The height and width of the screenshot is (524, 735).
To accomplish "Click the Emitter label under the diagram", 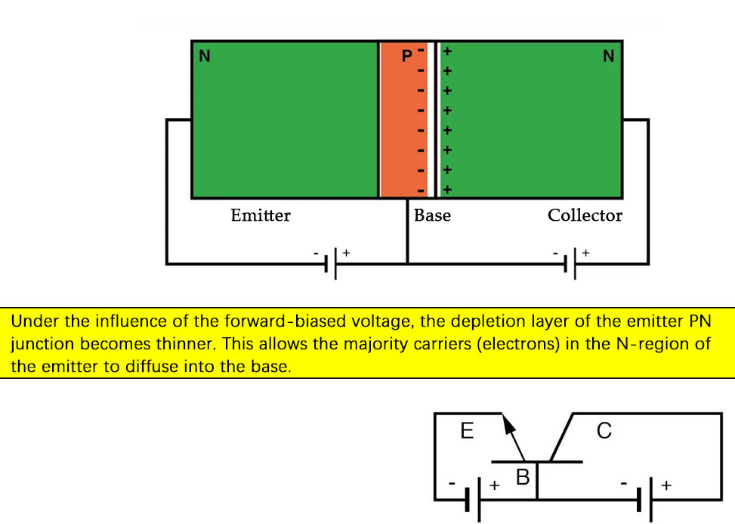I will pos(261,215).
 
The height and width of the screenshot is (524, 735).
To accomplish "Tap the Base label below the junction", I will pos(432,215).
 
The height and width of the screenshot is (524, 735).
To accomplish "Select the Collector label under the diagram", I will pos(585,215).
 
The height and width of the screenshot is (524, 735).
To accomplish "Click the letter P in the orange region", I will pos(407,55).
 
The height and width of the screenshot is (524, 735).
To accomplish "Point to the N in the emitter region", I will pos(204,56).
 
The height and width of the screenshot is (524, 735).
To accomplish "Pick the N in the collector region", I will pos(609,56).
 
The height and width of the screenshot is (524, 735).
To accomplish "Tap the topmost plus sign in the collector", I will pos(447,51).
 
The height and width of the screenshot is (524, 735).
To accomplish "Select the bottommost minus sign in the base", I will pos(421,189).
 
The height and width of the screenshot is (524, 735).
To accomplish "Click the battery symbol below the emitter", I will pos(331,263).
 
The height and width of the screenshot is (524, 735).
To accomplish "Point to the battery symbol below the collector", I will pos(570,263).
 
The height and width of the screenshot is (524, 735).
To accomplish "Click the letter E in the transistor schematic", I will pos(467,431).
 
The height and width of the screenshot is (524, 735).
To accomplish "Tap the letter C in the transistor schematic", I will pos(604,431).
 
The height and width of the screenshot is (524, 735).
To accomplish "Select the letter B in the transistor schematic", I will pos(523,477).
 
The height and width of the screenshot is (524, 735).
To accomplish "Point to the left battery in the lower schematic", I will pos(474,499).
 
